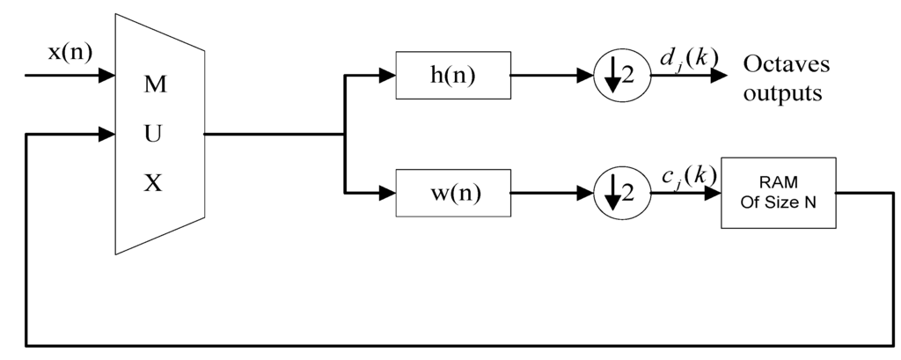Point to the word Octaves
click(787, 65)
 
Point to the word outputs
click(783, 92)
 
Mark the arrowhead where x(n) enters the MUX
click(108, 77)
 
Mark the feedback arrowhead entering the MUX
click(108, 135)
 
